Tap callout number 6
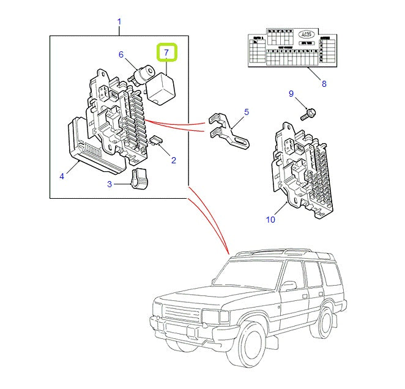point(121,54)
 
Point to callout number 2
point(173,160)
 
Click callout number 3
point(110,183)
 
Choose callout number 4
point(62,177)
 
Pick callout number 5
point(247,112)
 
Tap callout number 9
point(291,94)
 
